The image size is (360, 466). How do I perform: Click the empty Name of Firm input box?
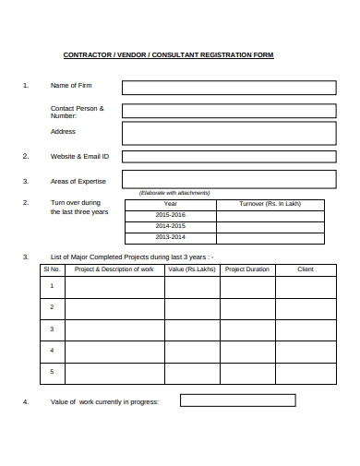228,88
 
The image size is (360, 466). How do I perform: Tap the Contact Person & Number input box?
228,111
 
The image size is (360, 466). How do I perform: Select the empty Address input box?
228,133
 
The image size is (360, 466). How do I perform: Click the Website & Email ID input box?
228,156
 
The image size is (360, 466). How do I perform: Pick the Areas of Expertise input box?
228,180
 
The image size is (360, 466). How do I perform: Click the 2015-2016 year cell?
170,215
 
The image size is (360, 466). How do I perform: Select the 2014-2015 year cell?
170,226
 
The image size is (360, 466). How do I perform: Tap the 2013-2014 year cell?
170,237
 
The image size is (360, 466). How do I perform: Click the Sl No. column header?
52,269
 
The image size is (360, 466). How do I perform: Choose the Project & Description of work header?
114,269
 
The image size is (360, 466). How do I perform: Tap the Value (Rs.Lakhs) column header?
192,269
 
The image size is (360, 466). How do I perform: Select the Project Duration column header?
247,269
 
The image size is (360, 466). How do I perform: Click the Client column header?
306,269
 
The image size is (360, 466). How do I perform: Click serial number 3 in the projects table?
52,329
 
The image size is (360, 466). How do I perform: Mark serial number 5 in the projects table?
52,372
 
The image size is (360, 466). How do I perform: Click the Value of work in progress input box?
237,401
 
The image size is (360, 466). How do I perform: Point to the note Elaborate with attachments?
174,192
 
